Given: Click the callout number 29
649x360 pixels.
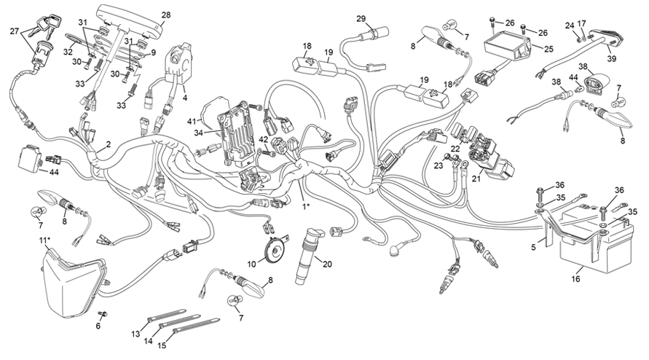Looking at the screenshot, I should tap(361, 18).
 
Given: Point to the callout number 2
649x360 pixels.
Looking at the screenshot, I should tap(108, 145).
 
